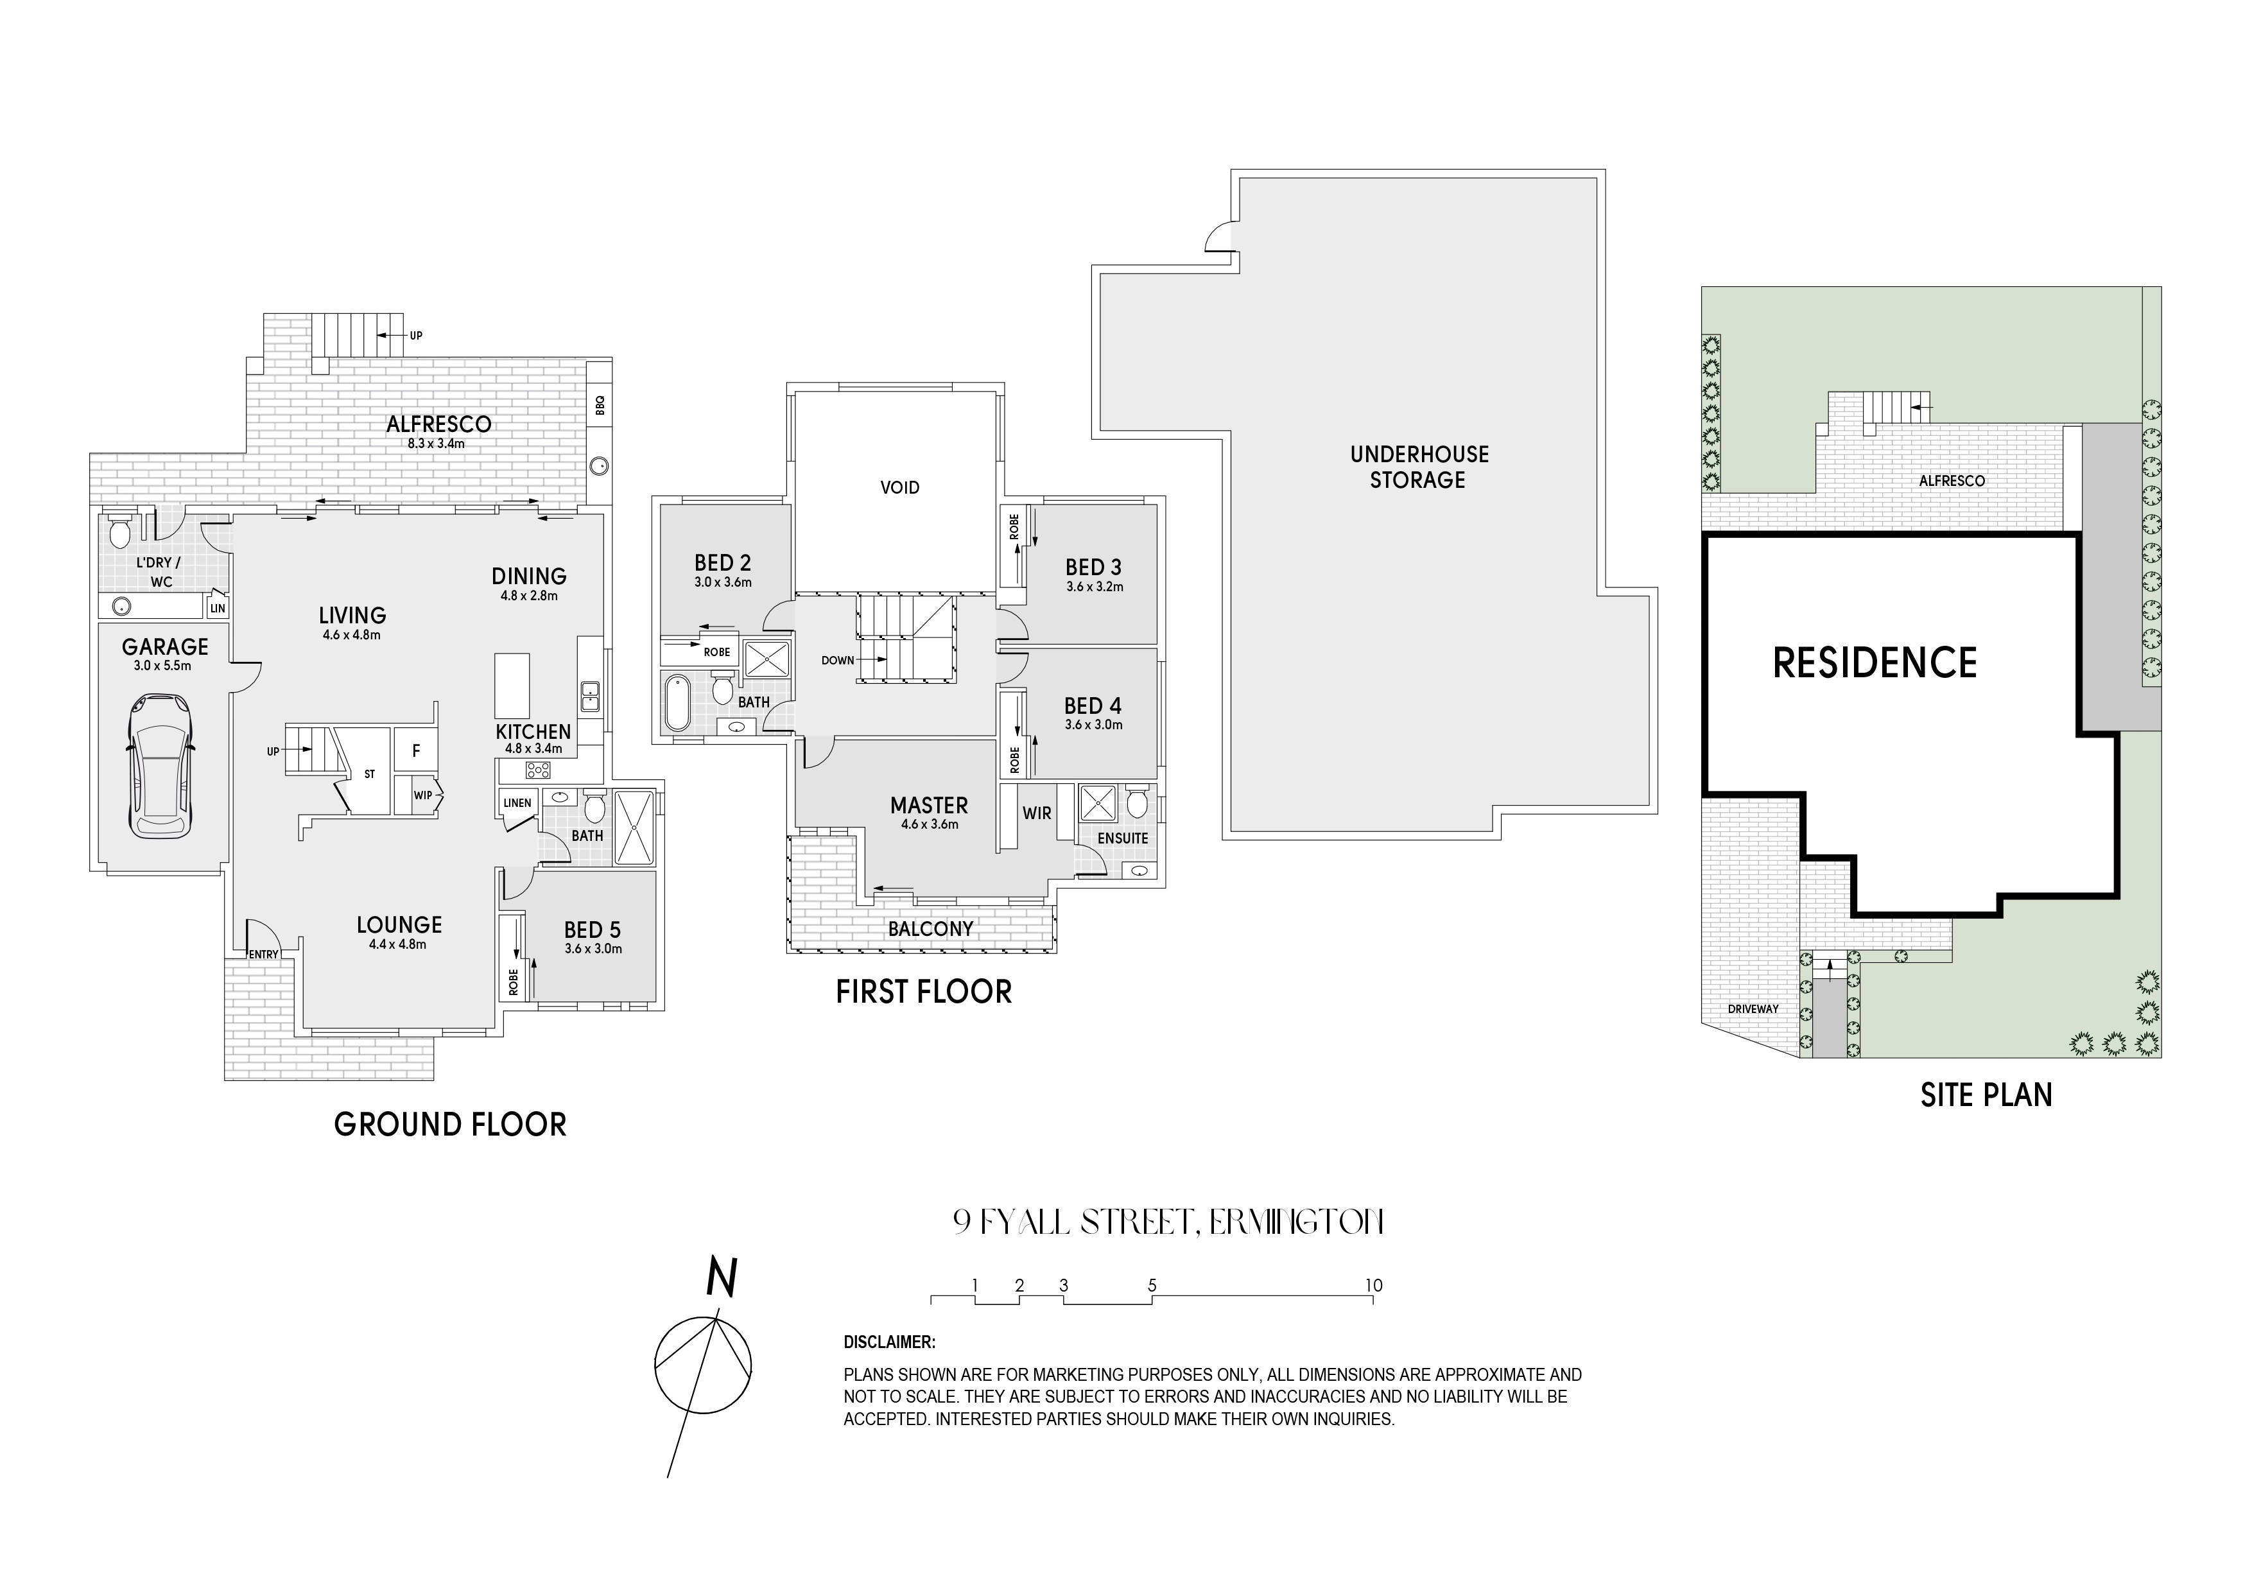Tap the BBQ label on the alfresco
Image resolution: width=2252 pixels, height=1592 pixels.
click(x=600, y=404)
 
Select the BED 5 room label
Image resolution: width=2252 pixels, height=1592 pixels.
click(x=593, y=930)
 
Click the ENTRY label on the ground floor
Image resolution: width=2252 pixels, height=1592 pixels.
click(x=264, y=955)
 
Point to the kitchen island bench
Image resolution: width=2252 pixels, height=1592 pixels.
click(x=512, y=686)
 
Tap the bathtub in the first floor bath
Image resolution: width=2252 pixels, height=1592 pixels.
click(x=677, y=702)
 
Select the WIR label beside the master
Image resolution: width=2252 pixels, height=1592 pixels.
click(x=1037, y=813)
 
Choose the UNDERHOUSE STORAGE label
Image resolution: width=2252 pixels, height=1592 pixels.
click(x=1418, y=467)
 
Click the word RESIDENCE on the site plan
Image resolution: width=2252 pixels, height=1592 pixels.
click(x=1875, y=663)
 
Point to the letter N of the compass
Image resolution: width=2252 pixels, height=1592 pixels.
click(x=722, y=1279)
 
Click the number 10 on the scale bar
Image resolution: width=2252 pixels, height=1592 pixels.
click(x=1373, y=1285)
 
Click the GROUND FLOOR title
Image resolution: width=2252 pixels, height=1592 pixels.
click(x=450, y=1124)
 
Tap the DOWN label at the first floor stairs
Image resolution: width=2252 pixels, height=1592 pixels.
click(x=838, y=660)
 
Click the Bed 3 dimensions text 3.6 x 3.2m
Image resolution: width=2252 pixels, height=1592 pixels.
click(x=1095, y=587)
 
